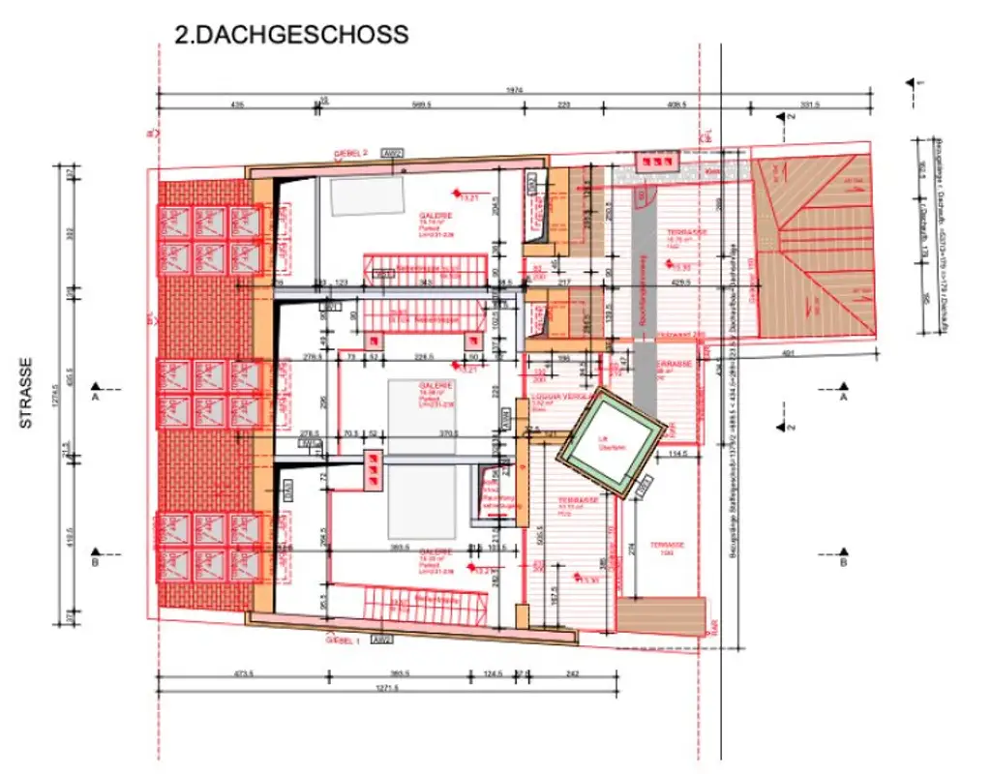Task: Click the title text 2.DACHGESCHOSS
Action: coord(290,35)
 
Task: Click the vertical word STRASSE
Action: coord(28,394)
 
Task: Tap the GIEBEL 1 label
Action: coord(344,640)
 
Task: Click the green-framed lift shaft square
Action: coord(611,442)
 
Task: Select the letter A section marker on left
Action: coord(95,397)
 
